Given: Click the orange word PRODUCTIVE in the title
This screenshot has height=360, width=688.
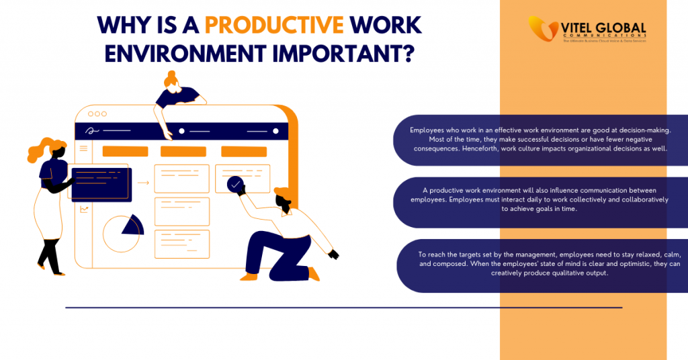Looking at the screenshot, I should tap(274, 26).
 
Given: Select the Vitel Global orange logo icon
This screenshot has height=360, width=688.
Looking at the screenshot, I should tap(541, 29).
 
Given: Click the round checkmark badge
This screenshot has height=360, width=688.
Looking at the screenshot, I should tap(235, 184).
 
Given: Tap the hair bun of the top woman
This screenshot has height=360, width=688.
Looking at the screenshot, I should tap(171, 75).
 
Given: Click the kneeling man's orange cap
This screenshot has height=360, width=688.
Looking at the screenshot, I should tap(282, 195).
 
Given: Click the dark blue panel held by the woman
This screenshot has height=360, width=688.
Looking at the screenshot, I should tap(101, 181).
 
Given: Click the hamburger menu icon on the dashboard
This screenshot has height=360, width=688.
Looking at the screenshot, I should tap(84, 148).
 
